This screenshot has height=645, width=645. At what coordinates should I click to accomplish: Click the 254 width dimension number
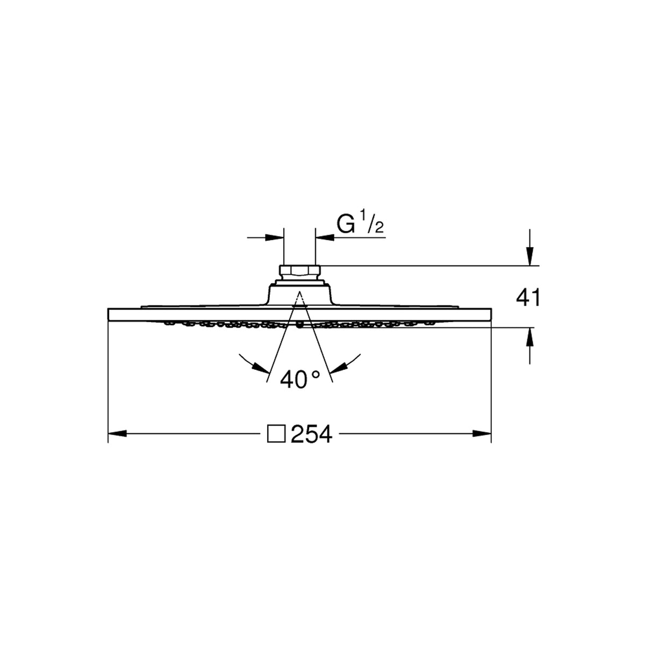312,434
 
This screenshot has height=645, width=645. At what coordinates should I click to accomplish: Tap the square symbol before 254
276,434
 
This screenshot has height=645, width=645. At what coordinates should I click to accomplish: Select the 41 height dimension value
528,298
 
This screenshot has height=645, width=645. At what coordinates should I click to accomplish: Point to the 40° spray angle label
300,379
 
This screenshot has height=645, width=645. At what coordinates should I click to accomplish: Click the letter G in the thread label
346,224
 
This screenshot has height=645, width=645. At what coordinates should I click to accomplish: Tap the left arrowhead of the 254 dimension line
117,434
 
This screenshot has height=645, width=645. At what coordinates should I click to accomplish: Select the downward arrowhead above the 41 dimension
529,256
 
